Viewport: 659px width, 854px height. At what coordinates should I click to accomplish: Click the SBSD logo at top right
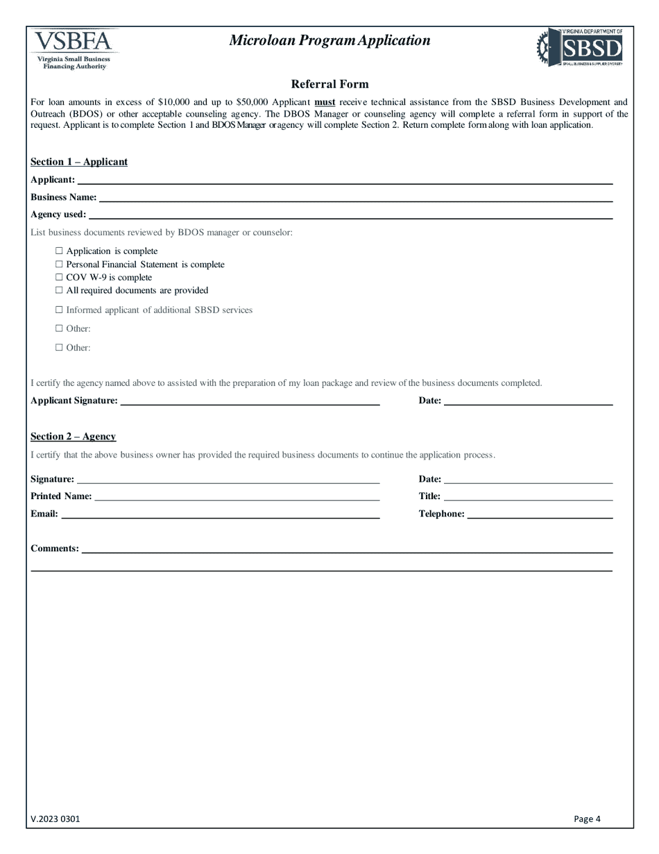(580, 47)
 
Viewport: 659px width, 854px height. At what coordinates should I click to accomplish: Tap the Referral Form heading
(329, 84)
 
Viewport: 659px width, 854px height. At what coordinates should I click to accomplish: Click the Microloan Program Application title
(329, 40)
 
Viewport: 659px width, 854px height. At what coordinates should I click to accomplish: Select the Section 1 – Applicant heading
(79, 162)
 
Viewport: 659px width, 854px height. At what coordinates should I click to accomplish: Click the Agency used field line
(350, 215)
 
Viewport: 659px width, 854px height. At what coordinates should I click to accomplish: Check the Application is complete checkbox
(59, 251)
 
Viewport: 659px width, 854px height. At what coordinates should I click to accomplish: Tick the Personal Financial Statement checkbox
(59, 264)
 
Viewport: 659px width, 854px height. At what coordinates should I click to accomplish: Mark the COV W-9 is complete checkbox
(59, 277)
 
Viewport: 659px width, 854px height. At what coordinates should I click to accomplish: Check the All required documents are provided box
(59, 290)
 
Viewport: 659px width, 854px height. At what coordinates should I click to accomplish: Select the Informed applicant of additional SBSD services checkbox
(59, 310)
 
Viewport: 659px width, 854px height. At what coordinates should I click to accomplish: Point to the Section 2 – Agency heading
(73, 437)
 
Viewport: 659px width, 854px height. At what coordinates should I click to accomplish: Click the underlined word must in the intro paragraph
(325, 102)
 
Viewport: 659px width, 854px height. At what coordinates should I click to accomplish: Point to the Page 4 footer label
(587, 819)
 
